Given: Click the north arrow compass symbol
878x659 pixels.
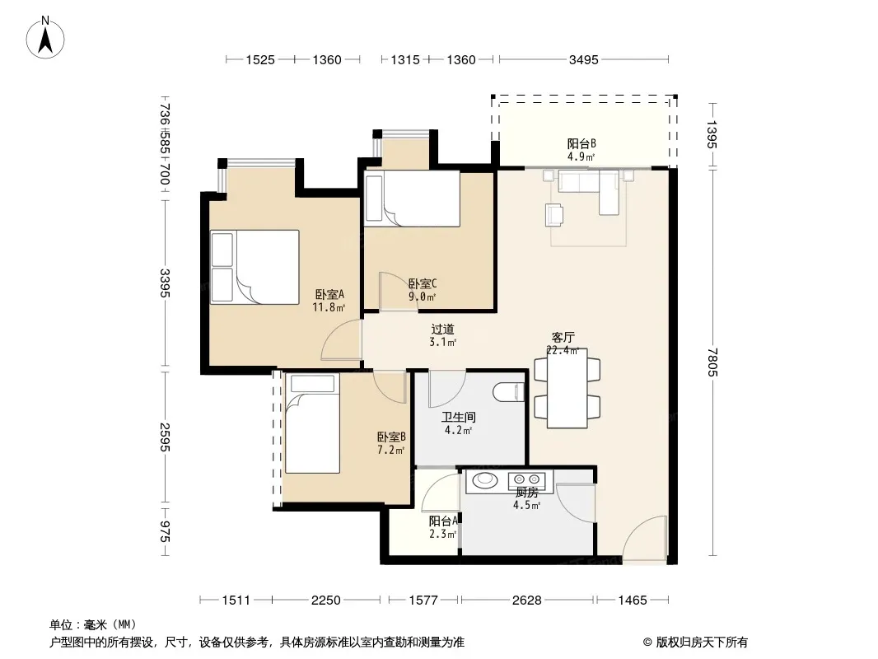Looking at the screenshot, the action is click(x=45, y=38).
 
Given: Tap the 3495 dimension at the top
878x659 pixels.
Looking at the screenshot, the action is click(x=583, y=59).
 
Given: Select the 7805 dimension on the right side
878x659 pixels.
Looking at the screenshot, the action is click(x=712, y=362).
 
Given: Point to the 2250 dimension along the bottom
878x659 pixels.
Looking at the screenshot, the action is click(x=326, y=601).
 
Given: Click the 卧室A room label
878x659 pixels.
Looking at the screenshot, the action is click(x=329, y=294).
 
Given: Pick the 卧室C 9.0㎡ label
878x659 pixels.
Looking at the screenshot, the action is click(x=423, y=290).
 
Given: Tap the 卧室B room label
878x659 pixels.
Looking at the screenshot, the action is click(x=391, y=437).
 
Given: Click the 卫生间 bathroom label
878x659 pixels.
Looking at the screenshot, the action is click(x=459, y=417).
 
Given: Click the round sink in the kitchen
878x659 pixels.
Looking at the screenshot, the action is click(x=484, y=479).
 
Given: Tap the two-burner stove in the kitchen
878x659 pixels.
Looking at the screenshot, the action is click(x=526, y=479).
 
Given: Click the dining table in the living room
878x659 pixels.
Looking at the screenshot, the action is click(x=567, y=389).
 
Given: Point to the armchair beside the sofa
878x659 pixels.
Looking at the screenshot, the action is click(x=554, y=215).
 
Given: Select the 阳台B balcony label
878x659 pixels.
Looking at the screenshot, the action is click(x=581, y=144).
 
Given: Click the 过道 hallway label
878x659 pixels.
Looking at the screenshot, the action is click(x=442, y=329).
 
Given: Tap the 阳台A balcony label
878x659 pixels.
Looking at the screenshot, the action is click(x=443, y=521).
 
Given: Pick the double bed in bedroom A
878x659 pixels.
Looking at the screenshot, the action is click(x=255, y=267).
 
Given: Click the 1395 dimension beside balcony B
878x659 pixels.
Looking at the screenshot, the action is click(x=712, y=134).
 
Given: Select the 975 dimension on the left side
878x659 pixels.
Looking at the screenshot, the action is click(x=164, y=530).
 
